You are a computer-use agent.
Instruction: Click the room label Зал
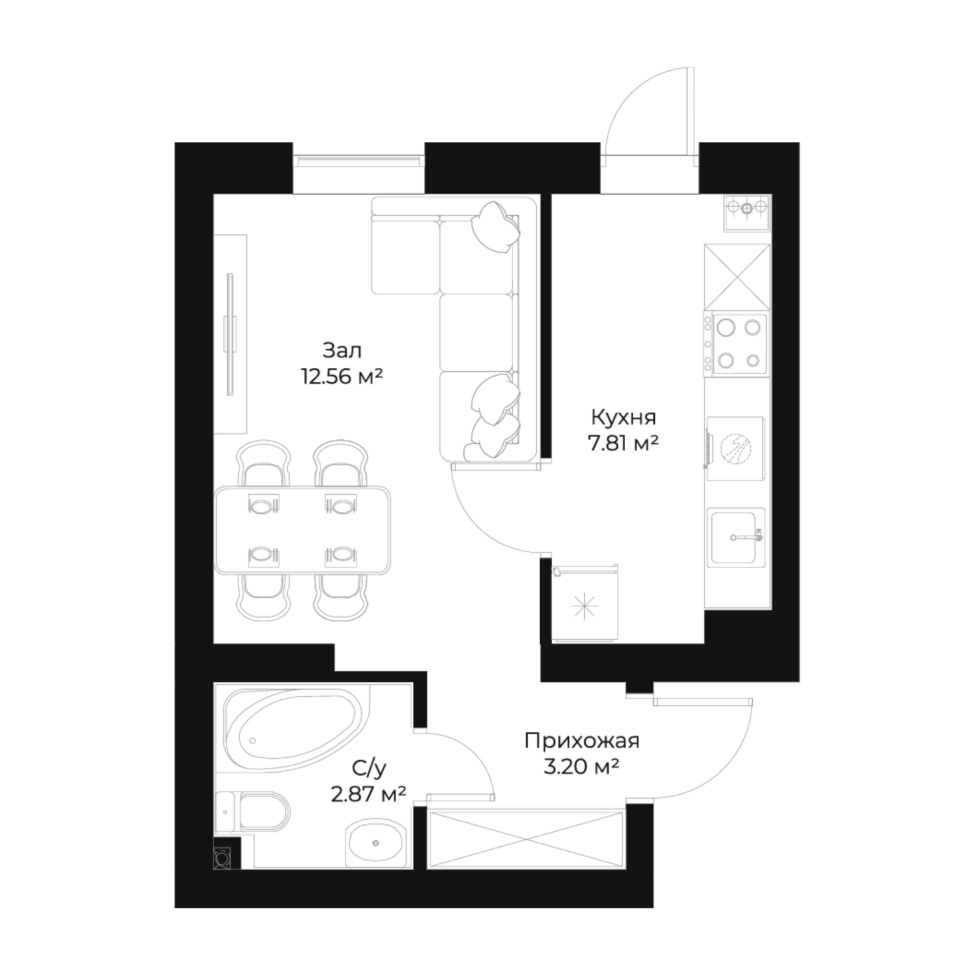pyautogui.click(x=342, y=350)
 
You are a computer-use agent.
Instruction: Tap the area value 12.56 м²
pyautogui.click(x=342, y=377)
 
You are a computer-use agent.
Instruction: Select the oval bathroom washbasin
pyautogui.click(x=376, y=842)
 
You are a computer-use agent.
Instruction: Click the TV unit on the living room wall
pyautogui.click(x=230, y=334)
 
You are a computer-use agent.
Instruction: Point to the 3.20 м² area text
pyautogui.click(x=581, y=767)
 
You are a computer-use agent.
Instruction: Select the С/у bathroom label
pyautogui.click(x=369, y=769)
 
